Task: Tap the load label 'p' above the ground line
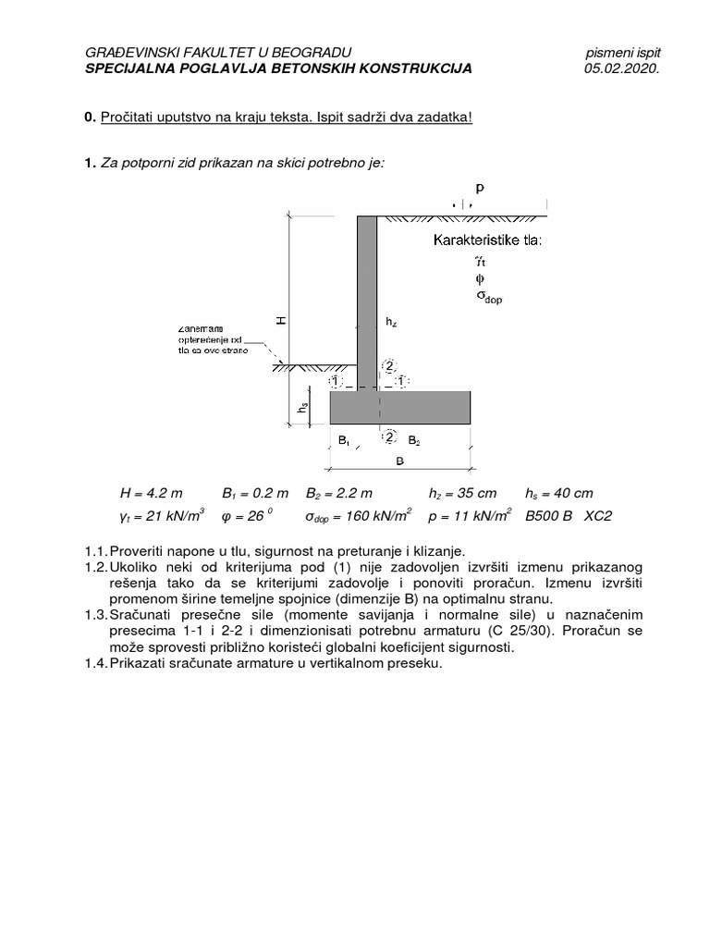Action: pos(480,187)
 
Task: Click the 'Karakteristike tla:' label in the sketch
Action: pos(487,242)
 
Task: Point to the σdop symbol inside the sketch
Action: pos(487,298)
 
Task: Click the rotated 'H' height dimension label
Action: pos(281,320)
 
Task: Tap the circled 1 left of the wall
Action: pos(335,380)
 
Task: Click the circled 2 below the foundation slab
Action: pos(388,436)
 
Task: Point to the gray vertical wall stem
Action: pos(367,296)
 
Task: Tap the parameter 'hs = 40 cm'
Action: pos(558,494)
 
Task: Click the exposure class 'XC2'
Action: pos(597,516)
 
